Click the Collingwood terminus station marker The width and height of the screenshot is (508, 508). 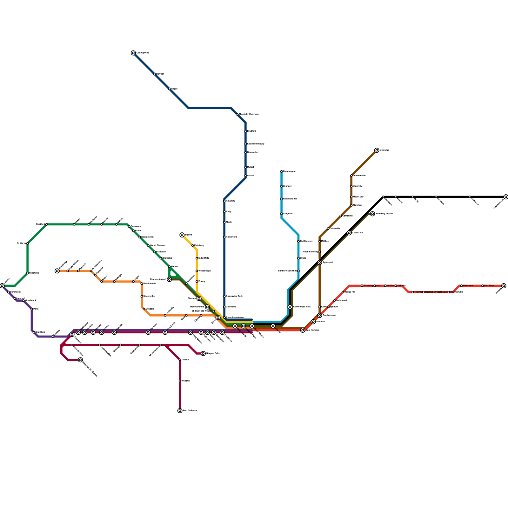[x=133, y=53]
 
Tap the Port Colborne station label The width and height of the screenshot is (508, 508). [x=190, y=411]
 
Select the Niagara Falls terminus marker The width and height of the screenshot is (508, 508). [x=203, y=353]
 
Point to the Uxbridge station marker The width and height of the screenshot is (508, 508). [x=377, y=150]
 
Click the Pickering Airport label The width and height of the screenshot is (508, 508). [x=384, y=214]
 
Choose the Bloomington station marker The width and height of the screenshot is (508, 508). [x=282, y=171]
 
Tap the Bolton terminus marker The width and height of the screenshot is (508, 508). [x=182, y=235]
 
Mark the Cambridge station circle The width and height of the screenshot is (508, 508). [x=57, y=271]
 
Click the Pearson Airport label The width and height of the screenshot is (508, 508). [x=158, y=279]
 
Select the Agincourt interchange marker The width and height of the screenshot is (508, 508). [x=320, y=263]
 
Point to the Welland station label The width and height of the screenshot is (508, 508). [x=185, y=381]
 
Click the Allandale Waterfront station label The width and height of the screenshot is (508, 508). [x=249, y=114]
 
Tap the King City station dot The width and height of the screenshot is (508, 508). [x=224, y=201]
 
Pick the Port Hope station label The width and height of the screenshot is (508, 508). [x=489, y=286]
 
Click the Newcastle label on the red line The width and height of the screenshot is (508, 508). [x=468, y=286]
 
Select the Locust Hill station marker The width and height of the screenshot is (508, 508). [x=349, y=233]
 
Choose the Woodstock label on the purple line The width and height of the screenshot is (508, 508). [x=30, y=300]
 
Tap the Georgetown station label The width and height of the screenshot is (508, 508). [x=147, y=237]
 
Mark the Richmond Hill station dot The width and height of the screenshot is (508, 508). [x=282, y=199]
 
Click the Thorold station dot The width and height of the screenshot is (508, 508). [x=180, y=360]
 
